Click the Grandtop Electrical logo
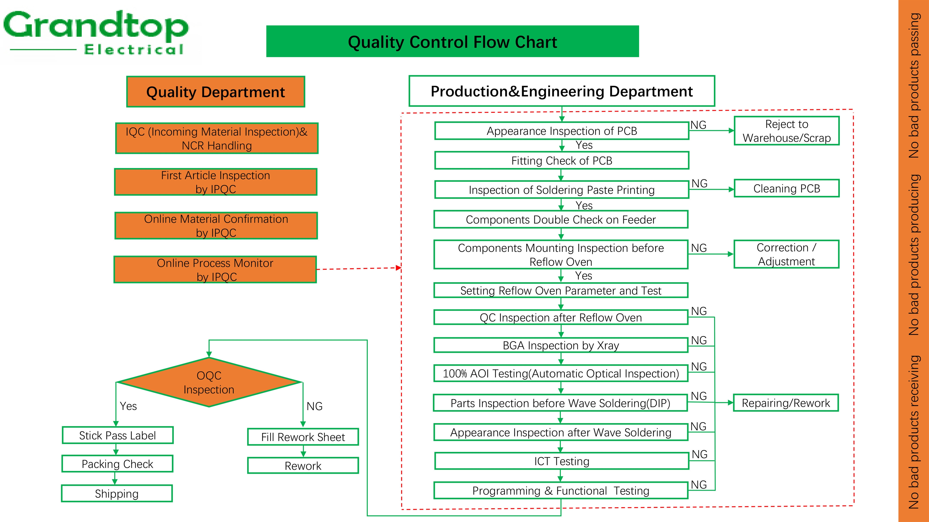[x=96, y=33]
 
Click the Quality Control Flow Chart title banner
[x=452, y=42]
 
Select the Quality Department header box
[x=215, y=92]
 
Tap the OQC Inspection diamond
[x=209, y=382]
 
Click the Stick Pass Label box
[x=118, y=435]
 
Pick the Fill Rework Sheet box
[x=303, y=437]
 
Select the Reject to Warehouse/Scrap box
[x=786, y=131]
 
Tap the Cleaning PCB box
[x=786, y=188]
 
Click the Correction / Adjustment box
[x=786, y=254]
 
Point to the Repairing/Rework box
[x=786, y=403]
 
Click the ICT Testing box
[x=562, y=461]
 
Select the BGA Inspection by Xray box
[x=561, y=345]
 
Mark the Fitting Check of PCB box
[x=562, y=161]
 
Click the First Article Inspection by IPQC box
[x=216, y=182]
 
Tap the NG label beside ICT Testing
[x=699, y=454]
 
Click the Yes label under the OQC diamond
[x=128, y=406]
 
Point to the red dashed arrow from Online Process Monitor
[x=359, y=268]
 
